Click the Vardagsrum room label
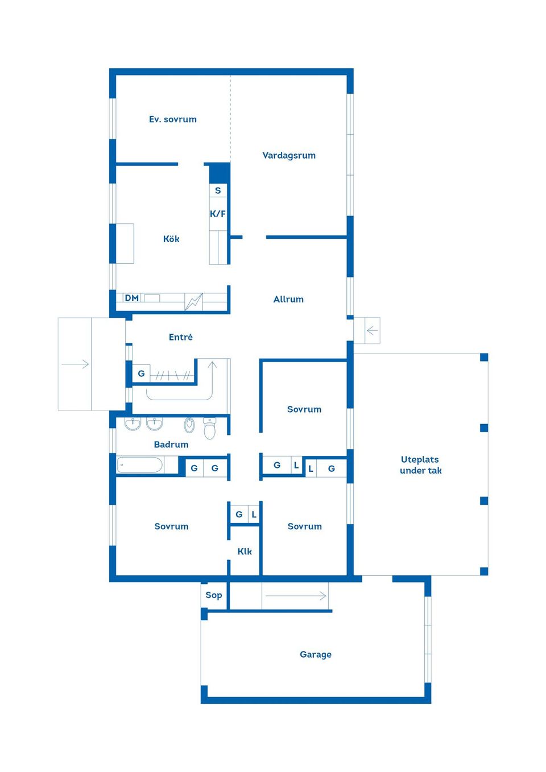[x=289, y=155]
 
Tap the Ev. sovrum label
[x=173, y=119]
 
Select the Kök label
[x=171, y=239]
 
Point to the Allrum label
[x=288, y=299]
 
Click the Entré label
[x=181, y=337]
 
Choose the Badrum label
[x=171, y=444]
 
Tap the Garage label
[x=316, y=654]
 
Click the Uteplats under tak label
[x=420, y=464]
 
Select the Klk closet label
[x=245, y=551]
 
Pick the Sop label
[x=214, y=595]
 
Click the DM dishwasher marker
[x=132, y=298]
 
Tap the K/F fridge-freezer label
[x=218, y=214]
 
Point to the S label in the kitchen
[x=218, y=190]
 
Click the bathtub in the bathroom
[x=139, y=465]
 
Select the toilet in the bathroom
[x=209, y=427]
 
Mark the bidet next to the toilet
[x=189, y=425]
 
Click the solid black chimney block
[x=220, y=173]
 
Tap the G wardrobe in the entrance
[x=141, y=373]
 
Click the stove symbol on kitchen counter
[x=194, y=301]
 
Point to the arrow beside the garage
[x=296, y=596]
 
